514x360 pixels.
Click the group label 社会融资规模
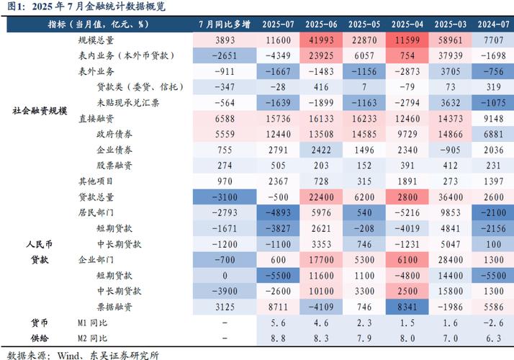click(x=40, y=111)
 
